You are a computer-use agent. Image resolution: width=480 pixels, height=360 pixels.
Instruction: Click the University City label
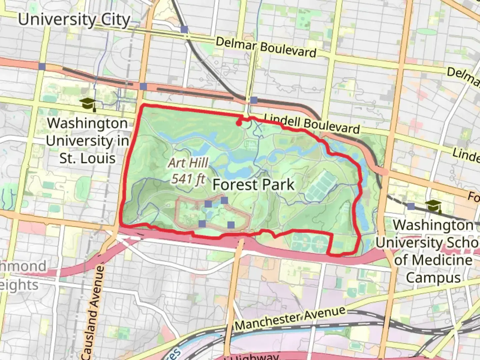point(74,20)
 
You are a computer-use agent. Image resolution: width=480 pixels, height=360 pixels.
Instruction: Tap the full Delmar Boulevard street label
point(266,47)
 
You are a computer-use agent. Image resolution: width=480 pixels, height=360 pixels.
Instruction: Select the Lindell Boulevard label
point(312,124)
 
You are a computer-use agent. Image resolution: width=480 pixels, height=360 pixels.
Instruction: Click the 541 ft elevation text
point(188,179)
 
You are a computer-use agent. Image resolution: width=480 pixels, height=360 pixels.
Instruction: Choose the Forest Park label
point(254,185)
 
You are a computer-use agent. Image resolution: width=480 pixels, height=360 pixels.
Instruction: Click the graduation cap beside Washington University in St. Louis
point(88,104)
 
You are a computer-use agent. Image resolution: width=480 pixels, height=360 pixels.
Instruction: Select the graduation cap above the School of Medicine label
point(433,206)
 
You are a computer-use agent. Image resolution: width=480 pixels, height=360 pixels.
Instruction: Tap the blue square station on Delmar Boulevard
point(184,29)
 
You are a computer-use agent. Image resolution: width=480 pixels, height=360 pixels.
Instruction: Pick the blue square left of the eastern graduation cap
point(411,206)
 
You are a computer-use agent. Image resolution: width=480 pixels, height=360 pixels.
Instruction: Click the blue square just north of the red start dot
point(254,100)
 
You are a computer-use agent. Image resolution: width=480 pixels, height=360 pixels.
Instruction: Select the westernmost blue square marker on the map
point(42,66)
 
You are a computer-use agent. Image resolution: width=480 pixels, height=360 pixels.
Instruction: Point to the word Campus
point(433,278)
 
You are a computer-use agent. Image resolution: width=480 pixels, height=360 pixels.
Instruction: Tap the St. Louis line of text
point(87,158)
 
